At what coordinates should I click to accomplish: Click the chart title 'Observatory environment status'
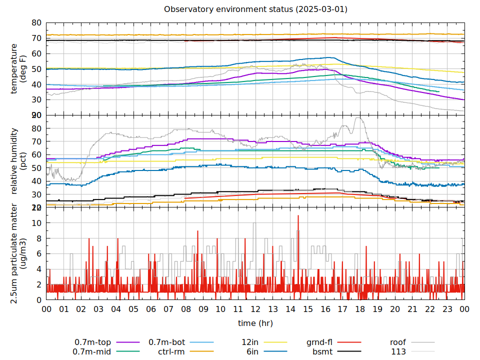255,9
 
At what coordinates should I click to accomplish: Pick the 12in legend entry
249,342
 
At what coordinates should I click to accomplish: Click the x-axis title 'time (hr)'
255,323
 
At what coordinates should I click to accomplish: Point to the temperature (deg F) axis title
18,68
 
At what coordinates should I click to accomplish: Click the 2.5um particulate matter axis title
18,253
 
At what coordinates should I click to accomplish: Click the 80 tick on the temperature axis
36,23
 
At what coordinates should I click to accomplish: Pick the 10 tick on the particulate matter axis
36,223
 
